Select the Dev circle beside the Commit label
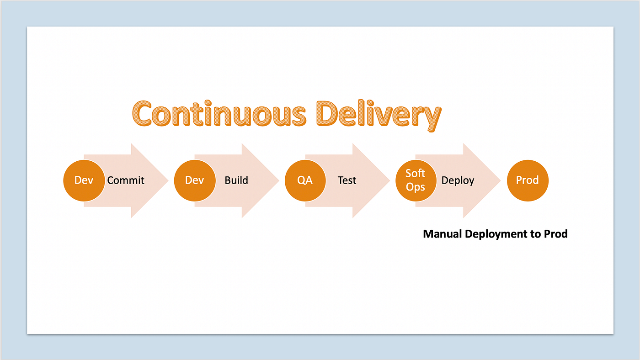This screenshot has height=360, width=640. click(84, 180)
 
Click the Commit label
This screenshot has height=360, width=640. click(126, 180)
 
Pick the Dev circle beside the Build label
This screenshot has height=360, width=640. click(194, 180)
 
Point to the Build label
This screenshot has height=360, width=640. click(236, 180)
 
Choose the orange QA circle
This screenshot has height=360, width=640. click(305, 180)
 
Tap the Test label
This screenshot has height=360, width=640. click(347, 180)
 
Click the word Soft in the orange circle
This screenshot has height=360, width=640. click(415, 174)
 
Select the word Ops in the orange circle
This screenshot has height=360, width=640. click(415, 187)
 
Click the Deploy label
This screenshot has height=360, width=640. click(458, 180)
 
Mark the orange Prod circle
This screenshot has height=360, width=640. click(528, 180)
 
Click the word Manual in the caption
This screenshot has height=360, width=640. click(443, 234)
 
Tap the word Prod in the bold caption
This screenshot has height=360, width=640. click(555, 234)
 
